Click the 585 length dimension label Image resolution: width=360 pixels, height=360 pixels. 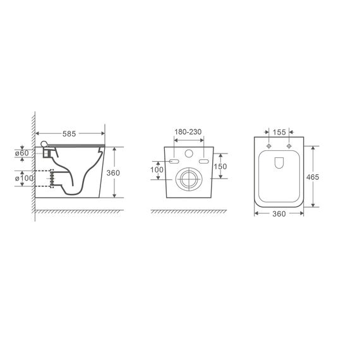[x=69, y=134]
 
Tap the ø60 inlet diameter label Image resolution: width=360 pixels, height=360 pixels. [x=22, y=153]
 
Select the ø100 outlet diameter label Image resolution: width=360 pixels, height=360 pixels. [x=24, y=178]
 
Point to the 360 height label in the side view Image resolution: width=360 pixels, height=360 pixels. [x=113, y=172]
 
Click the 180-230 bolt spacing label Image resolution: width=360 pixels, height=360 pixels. [x=188, y=132]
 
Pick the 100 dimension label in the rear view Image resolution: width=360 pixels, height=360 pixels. [x=157, y=170]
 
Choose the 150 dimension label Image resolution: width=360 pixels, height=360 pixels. [x=220, y=167]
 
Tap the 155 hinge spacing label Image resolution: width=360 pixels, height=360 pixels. [x=279, y=132]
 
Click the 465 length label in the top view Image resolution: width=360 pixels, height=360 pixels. [x=313, y=177]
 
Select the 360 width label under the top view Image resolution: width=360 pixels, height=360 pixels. [x=279, y=213]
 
